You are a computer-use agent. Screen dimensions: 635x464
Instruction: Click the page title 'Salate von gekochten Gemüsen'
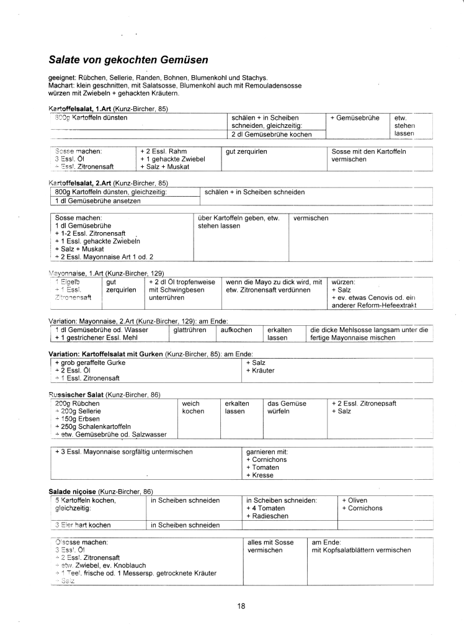(x=128, y=61)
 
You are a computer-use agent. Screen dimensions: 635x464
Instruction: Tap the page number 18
(x=241, y=606)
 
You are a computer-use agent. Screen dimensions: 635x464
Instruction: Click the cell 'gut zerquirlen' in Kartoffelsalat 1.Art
(x=247, y=151)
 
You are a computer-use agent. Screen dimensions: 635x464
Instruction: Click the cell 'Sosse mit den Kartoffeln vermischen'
(x=368, y=155)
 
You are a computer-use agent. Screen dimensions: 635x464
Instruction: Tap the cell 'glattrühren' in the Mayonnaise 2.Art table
(x=190, y=330)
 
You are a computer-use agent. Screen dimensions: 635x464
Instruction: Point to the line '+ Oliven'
(x=354, y=500)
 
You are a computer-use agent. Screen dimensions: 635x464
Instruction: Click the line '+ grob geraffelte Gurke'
(x=90, y=362)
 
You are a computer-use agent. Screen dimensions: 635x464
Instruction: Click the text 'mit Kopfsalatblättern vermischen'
(x=361, y=550)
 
